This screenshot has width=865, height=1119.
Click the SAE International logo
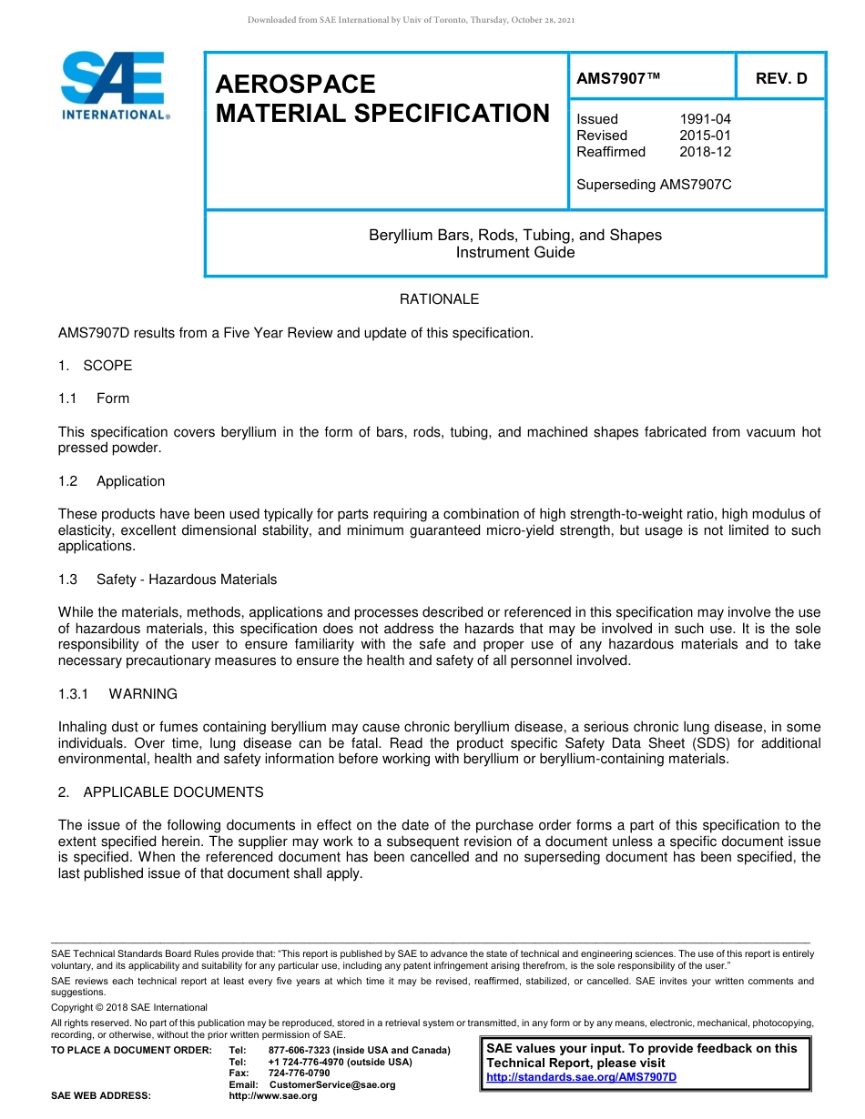(x=114, y=86)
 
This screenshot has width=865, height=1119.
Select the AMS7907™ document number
(x=617, y=79)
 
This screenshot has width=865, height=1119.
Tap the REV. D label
(x=780, y=79)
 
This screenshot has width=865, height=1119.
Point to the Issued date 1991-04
(x=705, y=119)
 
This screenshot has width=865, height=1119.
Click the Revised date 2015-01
(x=705, y=136)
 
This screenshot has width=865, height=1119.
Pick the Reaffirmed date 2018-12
(x=705, y=152)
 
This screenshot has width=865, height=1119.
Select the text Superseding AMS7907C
(x=654, y=185)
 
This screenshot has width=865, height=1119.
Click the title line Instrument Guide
(x=514, y=253)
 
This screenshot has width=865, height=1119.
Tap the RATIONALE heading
(x=439, y=299)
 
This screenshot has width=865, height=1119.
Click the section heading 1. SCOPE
(x=96, y=366)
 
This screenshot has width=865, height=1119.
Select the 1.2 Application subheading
(x=112, y=481)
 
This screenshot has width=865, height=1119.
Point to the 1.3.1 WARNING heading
(x=117, y=694)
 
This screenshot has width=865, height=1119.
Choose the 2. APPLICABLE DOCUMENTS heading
(x=161, y=792)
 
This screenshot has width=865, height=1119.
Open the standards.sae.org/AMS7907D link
(x=582, y=1077)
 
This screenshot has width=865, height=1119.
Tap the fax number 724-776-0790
(x=300, y=1074)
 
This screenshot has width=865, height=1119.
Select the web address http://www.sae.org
(x=273, y=1095)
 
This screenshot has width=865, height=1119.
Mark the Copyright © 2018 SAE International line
(x=129, y=1007)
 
